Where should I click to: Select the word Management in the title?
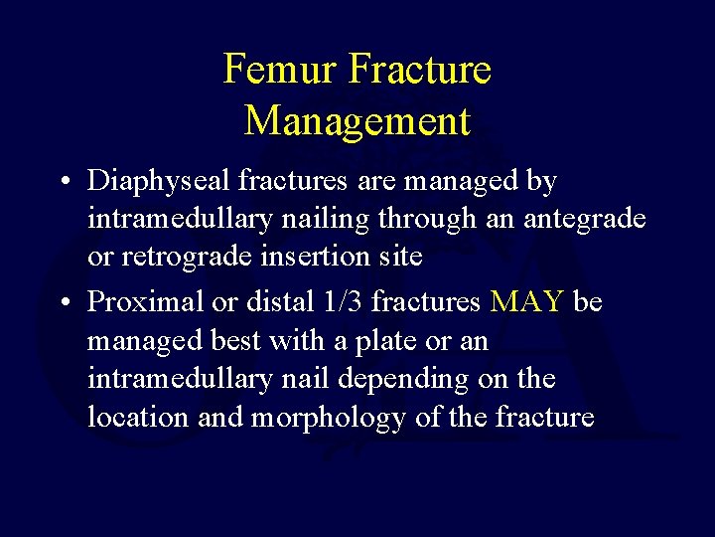[357, 120]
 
